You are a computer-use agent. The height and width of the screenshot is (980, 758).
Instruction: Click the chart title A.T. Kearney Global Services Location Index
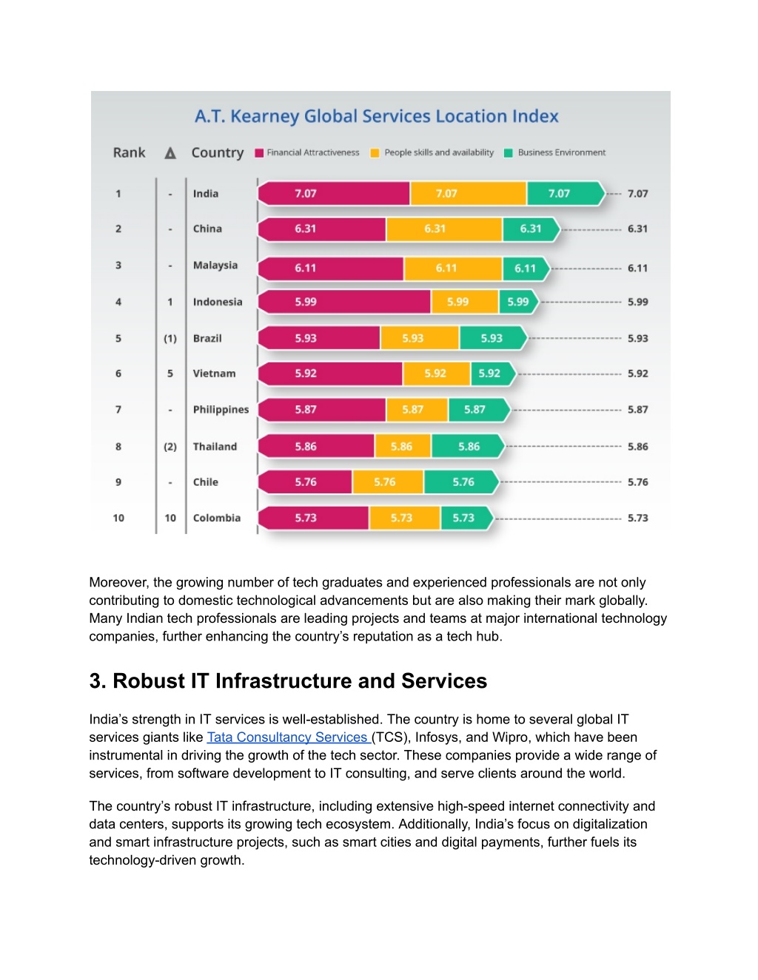[x=376, y=116]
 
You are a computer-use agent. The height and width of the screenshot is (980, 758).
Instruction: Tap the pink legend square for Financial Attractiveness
[x=259, y=153]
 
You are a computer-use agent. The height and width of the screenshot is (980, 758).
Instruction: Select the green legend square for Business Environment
[x=508, y=153]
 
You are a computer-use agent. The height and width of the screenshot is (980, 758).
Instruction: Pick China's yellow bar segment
[x=444, y=229]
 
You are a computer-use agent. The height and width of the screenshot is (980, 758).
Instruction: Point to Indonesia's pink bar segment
[x=343, y=302]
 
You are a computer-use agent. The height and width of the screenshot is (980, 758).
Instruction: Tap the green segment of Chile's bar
[x=461, y=481]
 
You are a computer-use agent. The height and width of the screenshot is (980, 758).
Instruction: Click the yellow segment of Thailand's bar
[x=403, y=447]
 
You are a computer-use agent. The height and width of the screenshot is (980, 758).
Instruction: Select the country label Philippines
[x=221, y=410]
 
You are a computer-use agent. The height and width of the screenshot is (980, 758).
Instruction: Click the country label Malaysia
[x=215, y=266]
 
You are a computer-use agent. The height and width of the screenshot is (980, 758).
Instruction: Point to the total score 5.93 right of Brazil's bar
[x=637, y=338]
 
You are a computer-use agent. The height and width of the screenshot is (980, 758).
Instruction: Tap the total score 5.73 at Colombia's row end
[x=637, y=518]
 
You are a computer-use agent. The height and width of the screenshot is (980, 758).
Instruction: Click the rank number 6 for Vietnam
[x=118, y=374]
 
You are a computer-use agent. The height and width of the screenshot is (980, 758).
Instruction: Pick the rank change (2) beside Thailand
[x=170, y=447]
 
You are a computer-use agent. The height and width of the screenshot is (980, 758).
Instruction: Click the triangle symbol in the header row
[x=170, y=153]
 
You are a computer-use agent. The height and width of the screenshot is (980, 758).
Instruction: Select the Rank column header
[x=129, y=152]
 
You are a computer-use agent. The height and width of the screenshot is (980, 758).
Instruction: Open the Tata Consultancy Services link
[x=289, y=737]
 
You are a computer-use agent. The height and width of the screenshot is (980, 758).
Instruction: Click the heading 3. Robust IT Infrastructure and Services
[x=288, y=681]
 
